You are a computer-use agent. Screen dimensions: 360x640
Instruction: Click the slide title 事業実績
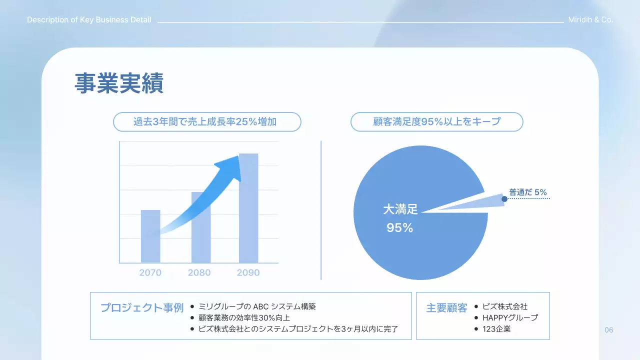point(119,84)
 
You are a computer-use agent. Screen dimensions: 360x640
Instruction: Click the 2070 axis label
point(150,273)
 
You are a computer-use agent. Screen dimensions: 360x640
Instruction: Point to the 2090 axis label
point(248,273)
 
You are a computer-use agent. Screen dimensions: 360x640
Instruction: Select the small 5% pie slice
point(487,201)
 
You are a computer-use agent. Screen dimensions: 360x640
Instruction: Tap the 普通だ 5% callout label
point(528,192)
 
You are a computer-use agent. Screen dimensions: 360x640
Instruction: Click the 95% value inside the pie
point(400,228)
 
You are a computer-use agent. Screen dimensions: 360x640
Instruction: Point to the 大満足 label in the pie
point(400,209)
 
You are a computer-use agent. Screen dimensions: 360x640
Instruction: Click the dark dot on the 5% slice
point(504,199)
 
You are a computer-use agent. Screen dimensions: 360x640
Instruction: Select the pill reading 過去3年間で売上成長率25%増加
point(207,121)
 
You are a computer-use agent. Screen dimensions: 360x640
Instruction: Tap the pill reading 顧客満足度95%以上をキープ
point(436,121)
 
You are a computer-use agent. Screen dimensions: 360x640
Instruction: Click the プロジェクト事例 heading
point(142,307)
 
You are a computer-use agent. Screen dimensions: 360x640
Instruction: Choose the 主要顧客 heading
point(446,307)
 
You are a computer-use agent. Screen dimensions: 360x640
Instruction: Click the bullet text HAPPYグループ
point(510,318)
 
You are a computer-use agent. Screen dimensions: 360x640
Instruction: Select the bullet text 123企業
point(496,329)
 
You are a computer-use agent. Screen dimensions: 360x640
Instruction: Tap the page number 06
point(608,330)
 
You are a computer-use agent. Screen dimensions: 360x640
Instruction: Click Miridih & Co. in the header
point(590,20)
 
